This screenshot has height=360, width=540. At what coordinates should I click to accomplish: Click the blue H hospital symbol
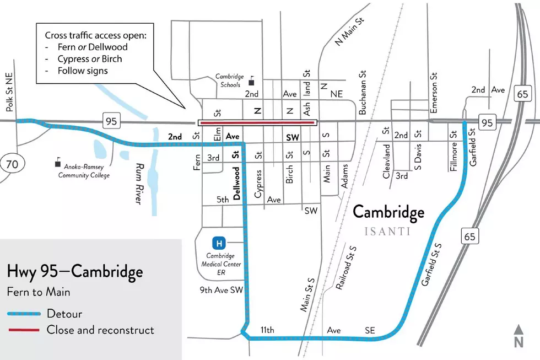pos(219,243)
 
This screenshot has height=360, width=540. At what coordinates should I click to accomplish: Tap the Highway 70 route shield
pos(12,164)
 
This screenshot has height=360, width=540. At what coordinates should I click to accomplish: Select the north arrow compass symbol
pos(519,336)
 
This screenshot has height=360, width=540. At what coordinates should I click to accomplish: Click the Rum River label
pos(139,184)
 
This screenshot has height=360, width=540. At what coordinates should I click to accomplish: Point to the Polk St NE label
pos(9,92)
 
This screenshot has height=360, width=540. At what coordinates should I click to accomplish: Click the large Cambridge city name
pos(388,213)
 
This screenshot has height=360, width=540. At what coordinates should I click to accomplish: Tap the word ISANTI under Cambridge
pos(387,231)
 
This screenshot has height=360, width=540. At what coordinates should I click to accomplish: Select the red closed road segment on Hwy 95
pos(257,122)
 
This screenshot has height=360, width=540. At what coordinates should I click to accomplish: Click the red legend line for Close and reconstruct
pos(24,330)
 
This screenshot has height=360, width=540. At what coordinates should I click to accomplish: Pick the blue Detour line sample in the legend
pos(24,314)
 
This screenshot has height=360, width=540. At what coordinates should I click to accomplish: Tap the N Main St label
pos(349,31)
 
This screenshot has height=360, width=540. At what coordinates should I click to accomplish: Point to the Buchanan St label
pos(363,92)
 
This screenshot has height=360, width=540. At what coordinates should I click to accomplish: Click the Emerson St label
pos(434,92)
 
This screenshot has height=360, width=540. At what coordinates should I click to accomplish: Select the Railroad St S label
pos(347,268)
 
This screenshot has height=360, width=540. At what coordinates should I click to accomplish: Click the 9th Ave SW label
pos(222,290)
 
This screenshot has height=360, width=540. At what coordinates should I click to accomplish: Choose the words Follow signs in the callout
pos(83,71)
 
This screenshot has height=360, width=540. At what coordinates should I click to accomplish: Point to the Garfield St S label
pos(431,265)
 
